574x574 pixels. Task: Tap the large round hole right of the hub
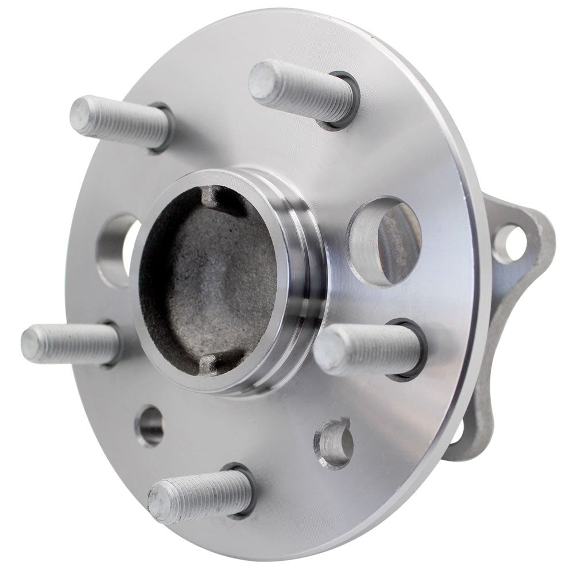(x=385, y=241)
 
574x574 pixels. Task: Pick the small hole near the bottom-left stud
(x=150, y=425)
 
